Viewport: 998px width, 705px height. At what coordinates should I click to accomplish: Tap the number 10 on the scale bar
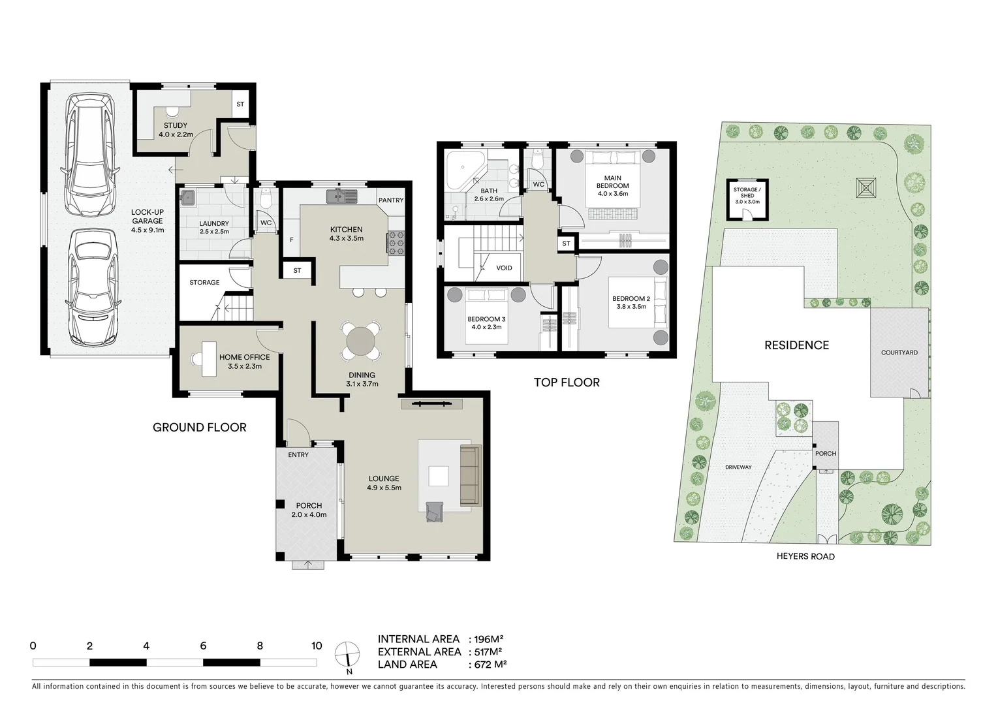click(x=317, y=646)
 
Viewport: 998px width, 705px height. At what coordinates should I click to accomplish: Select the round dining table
click(x=362, y=341)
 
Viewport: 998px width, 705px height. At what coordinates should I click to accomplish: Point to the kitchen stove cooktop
click(x=396, y=243)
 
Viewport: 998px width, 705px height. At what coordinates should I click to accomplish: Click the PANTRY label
click(x=391, y=200)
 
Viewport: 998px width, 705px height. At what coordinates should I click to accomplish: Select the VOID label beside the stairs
click(x=504, y=268)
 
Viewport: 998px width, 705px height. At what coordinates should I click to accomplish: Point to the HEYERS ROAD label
click(x=805, y=557)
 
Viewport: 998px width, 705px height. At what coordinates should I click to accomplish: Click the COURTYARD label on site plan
click(x=899, y=352)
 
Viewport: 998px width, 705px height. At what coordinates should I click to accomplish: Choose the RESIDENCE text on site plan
click(x=796, y=345)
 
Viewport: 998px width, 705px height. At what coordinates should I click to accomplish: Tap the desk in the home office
click(x=208, y=359)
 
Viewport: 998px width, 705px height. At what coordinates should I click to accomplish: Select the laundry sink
click(x=187, y=197)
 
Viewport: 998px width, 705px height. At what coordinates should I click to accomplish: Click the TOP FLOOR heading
click(x=567, y=383)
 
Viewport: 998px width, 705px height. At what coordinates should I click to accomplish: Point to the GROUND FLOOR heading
click(x=199, y=428)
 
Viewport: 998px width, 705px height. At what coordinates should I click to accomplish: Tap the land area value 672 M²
click(x=488, y=665)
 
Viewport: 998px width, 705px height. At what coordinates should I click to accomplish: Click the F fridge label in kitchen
click(x=291, y=240)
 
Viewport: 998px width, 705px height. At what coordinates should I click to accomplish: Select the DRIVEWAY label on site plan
click(x=738, y=467)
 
